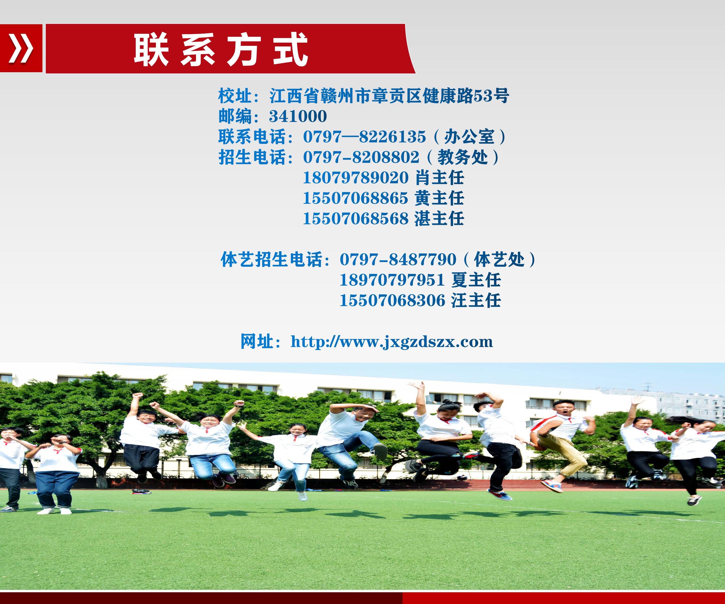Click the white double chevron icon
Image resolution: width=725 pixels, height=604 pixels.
21,48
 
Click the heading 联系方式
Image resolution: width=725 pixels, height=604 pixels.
221,49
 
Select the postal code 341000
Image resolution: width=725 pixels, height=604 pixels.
298,116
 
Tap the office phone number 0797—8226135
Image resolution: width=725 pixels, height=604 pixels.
364,137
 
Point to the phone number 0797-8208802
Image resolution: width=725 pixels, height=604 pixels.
361,157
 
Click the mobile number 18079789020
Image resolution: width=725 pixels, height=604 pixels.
356,178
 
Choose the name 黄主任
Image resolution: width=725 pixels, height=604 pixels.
439,198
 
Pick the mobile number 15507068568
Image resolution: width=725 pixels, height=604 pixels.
356,218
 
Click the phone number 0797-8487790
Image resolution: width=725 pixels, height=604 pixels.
398,260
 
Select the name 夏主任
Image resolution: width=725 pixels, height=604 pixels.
476,280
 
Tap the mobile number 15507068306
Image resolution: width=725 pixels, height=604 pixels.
392,300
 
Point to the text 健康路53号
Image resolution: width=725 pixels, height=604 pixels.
466,96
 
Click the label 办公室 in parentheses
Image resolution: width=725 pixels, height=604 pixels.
469,137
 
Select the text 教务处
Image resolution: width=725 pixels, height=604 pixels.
463,157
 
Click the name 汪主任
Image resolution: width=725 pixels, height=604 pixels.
476,300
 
